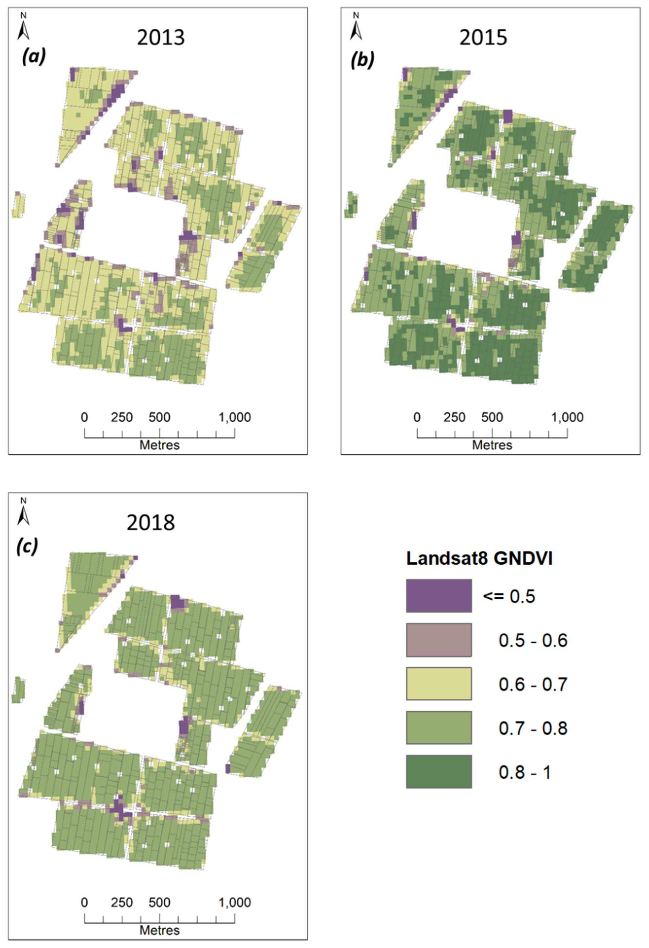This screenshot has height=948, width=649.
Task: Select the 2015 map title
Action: coord(483,38)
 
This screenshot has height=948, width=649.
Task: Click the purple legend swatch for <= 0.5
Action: coord(438,595)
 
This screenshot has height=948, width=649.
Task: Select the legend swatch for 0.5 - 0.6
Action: coord(438,640)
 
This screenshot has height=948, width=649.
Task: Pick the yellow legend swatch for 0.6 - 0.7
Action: coord(438,684)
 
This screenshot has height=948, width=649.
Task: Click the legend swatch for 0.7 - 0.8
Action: coord(438,728)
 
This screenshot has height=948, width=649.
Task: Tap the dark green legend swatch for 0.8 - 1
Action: coord(438,771)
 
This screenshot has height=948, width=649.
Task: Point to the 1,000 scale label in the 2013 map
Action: coord(235,417)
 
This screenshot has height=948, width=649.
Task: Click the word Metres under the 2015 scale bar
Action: coord(492,445)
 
